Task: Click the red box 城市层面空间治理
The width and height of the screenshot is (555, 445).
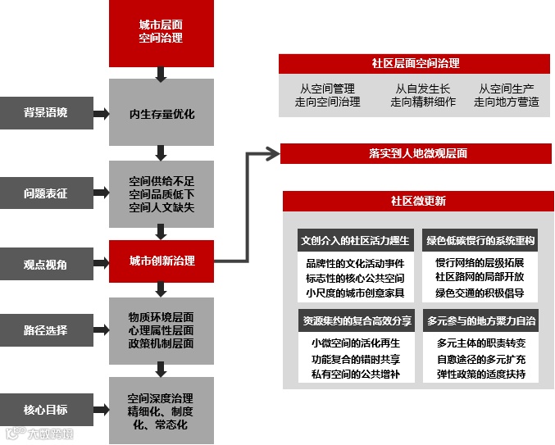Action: coord(161,33)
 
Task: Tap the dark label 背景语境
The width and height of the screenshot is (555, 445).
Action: coord(45,112)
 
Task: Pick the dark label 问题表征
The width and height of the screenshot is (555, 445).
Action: coord(45,194)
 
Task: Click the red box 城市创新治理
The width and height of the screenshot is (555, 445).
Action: coord(161,261)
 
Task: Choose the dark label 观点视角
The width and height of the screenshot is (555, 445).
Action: coord(45,265)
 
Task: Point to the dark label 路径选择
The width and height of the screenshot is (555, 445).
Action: coord(45,331)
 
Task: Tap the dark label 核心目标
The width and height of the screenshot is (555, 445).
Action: coord(45,409)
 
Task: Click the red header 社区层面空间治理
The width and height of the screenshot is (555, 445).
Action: coord(415,63)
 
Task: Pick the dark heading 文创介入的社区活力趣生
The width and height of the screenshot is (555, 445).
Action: coord(354,241)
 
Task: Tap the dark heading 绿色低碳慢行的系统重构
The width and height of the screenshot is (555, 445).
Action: coord(480,241)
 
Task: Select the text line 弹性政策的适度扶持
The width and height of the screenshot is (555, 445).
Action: coord(480,375)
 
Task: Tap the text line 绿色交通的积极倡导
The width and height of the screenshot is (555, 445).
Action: coord(480,293)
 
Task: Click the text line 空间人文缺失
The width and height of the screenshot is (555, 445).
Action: coord(161,208)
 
